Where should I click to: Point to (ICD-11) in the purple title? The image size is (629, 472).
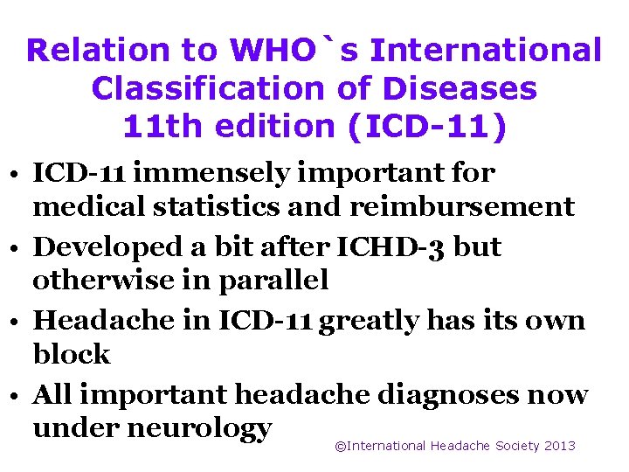coord(426,127)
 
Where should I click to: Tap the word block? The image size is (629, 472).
coord(72,354)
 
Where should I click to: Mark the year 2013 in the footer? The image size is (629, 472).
coord(559,446)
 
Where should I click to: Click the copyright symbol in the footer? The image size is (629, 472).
coord(341,446)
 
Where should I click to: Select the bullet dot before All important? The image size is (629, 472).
coord(17,395)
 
